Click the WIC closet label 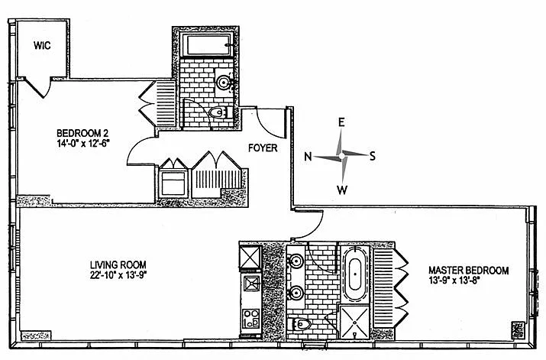(x=41, y=45)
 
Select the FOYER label (x=262, y=148)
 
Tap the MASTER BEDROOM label (x=467, y=270)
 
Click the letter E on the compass (x=342, y=122)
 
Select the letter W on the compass (x=343, y=189)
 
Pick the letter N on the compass (x=308, y=157)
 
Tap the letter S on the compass (x=373, y=156)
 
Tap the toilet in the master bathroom (x=301, y=325)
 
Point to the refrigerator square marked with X (x=250, y=255)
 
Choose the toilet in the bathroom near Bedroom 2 (x=217, y=114)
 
